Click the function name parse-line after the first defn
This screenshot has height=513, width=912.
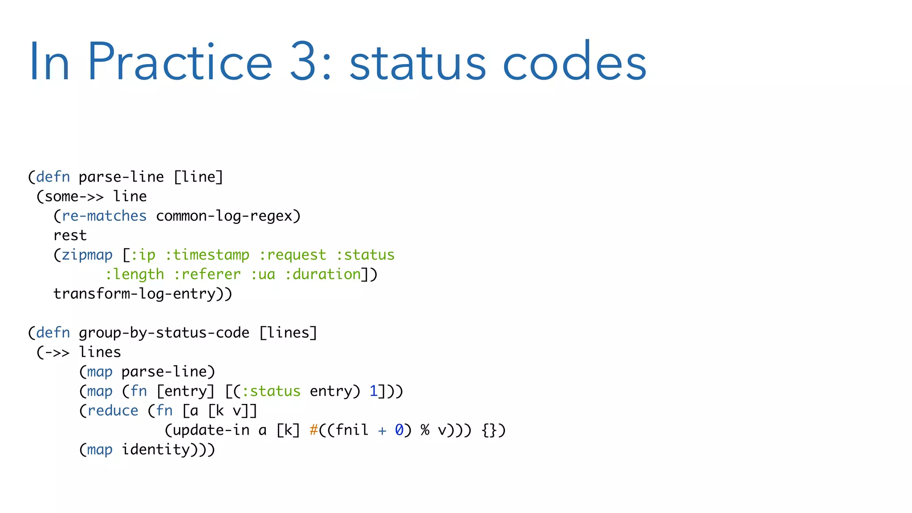(121, 177)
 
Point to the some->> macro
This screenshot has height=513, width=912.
(74, 196)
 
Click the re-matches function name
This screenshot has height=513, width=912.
(104, 216)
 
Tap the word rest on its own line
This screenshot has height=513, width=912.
(70, 236)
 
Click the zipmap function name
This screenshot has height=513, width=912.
(87, 255)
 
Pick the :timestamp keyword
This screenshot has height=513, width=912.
(207, 255)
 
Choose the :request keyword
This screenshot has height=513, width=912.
(293, 255)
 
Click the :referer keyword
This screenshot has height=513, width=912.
(207, 274)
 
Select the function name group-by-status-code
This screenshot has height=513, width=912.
(164, 333)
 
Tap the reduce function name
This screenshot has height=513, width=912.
(113, 411)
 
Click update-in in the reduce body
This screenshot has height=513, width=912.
(211, 430)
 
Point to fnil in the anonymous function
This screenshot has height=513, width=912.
(352, 430)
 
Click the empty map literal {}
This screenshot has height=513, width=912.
(489, 430)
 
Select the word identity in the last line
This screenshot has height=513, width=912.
(156, 450)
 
